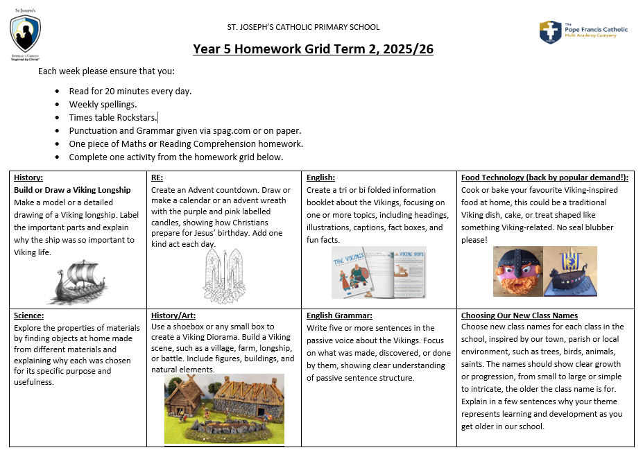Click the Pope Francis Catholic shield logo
pos(551,32)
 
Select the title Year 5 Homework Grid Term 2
pos(313,49)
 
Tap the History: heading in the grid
pos(28,178)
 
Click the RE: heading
pos(157,178)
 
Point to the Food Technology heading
pos(545,178)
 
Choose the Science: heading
pos(29,315)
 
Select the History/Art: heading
pos(174,315)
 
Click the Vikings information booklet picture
pos(379,272)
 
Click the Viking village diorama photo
pos(224,410)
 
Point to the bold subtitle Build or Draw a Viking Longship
pos(72,190)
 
